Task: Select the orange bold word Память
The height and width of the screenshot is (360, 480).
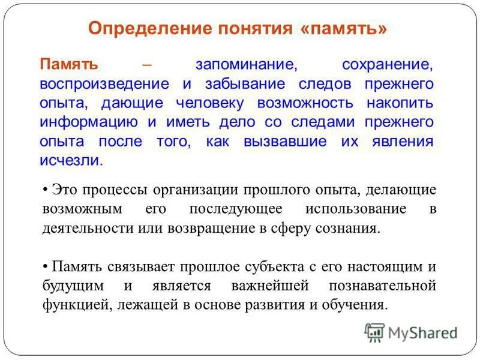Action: coord(70,64)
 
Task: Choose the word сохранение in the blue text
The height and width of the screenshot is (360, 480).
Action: coord(386,64)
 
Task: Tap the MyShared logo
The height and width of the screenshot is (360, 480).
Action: coord(410,332)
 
